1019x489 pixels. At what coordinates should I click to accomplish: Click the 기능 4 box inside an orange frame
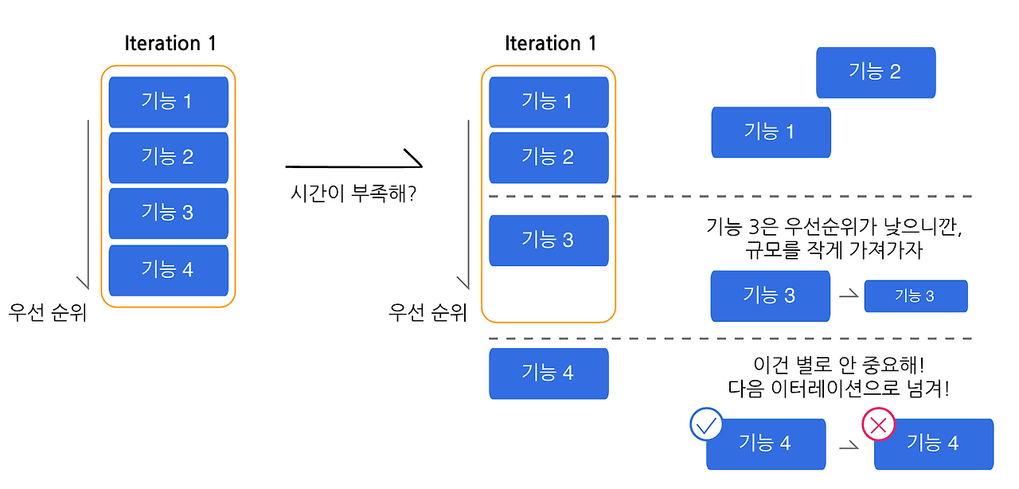[x=168, y=270]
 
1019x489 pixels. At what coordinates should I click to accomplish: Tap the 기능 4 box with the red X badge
[x=933, y=444]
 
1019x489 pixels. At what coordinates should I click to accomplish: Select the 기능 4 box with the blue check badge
[x=765, y=444]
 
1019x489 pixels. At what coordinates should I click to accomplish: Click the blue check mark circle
[x=706, y=424]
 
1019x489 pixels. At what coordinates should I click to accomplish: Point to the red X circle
[x=878, y=425]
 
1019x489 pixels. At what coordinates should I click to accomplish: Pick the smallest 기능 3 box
[x=916, y=296]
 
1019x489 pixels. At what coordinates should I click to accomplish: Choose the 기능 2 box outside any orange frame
[x=875, y=72]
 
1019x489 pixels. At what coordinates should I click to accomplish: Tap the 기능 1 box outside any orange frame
[x=770, y=131]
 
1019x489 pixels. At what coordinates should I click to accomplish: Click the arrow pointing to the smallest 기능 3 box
[x=848, y=295]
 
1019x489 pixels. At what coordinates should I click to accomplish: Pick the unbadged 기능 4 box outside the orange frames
[x=548, y=373]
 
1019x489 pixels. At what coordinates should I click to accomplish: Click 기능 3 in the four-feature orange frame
[x=168, y=213]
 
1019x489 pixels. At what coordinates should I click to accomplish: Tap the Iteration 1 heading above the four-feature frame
[x=170, y=43]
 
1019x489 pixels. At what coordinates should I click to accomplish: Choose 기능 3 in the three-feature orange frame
[x=548, y=240]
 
